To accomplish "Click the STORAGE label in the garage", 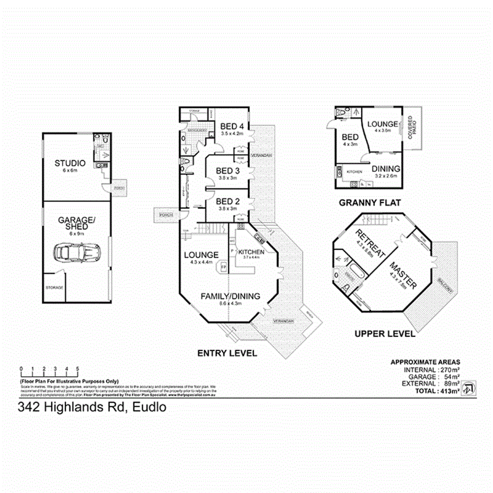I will click(x=54, y=287).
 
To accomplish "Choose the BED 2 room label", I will click(x=228, y=201).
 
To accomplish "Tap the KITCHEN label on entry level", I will click(x=251, y=251).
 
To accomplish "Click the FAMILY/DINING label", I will click(x=230, y=296).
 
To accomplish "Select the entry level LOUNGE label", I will click(x=201, y=254).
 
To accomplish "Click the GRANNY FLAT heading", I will click(x=369, y=202).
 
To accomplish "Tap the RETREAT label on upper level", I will click(x=365, y=243).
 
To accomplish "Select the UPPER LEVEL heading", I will click(x=385, y=334).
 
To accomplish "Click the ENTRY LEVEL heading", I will click(x=227, y=353).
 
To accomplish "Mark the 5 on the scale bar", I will click(x=78, y=369).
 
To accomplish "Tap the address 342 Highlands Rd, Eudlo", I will click(x=92, y=407).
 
